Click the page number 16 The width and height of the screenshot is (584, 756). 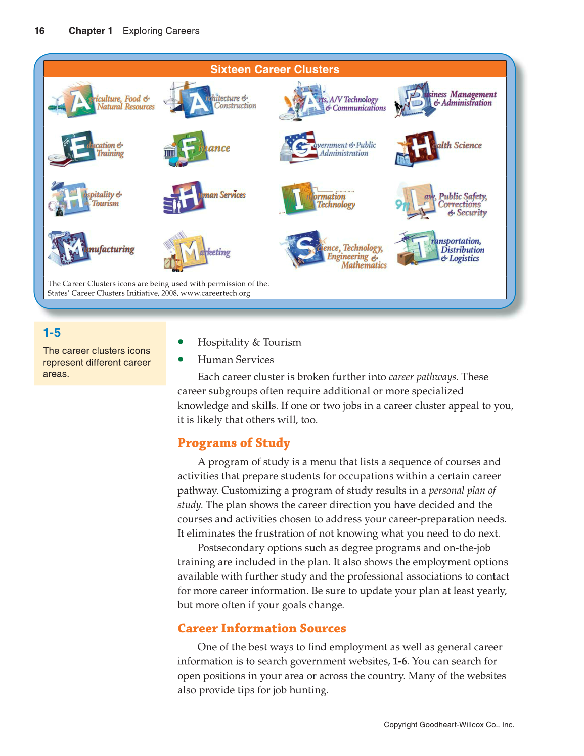pyautogui.click(x=39, y=31)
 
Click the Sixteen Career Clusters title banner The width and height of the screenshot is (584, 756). pyautogui.click(x=275, y=69)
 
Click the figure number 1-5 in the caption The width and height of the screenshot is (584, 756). pyautogui.click(x=52, y=333)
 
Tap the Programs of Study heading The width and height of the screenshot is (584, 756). pyautogui.click(x=234, y=443)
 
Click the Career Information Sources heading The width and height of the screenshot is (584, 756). pyautogui.click(x=261, y=628)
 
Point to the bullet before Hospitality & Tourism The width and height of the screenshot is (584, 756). pyautogui.click(x=181, y=342)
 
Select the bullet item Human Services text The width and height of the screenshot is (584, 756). pyautogui.click(x=236, y=360)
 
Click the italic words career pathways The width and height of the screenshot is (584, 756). pyautogui.click(x=423, y=377)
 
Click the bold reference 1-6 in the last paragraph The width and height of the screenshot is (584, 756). pyautogui.click(x=399, y=661)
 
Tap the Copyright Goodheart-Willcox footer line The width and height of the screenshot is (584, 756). pyautogui.click(x=448, y=725)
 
